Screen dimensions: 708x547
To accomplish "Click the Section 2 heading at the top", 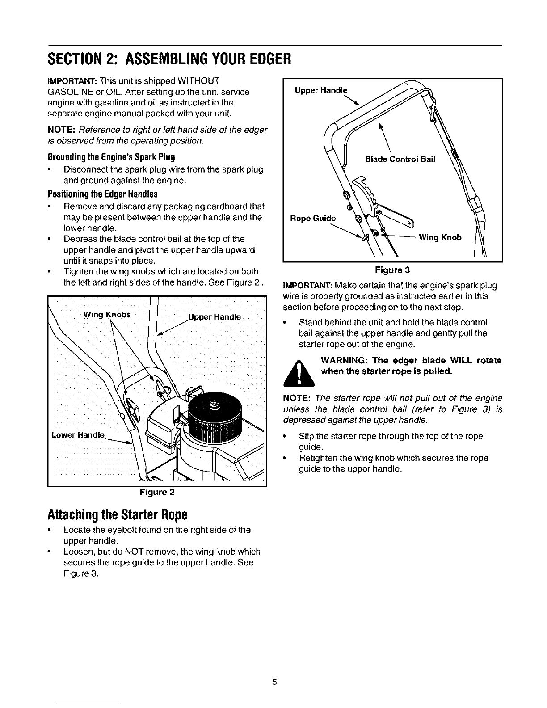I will [x=169, y=59].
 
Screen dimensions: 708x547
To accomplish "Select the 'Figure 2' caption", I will [x=157, y=493].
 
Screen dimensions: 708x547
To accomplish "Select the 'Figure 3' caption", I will [x=393, y=270].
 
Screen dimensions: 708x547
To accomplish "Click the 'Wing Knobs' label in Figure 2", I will [x=107, y=314].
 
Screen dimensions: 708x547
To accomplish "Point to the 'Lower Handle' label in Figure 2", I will [x=78, y=435].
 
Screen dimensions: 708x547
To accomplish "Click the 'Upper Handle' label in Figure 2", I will [x=214, y=317].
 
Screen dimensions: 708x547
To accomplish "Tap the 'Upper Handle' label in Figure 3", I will [x=321, y=90].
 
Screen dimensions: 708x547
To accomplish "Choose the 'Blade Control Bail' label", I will [x=400, y=159].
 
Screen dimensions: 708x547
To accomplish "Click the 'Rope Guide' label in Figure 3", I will [x=312, y=218].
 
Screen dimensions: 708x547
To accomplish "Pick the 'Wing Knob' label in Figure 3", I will [x=440, y=237].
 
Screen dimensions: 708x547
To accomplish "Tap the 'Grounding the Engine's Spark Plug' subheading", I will [x=111, y=157].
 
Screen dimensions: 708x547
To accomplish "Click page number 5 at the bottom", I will [x=275, y=682].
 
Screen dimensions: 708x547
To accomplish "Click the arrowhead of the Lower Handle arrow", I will [x=129, y=443].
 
